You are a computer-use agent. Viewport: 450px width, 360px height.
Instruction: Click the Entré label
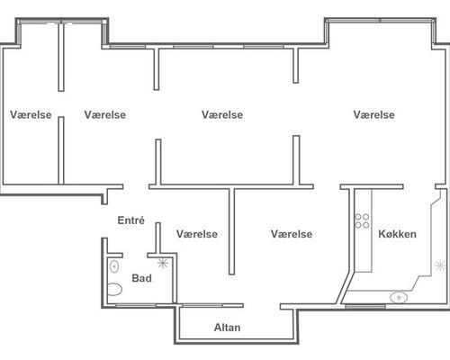pyautogui.click(x=131, y=220)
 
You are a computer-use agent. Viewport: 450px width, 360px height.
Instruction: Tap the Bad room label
pyautogui.click(x=141, y=278)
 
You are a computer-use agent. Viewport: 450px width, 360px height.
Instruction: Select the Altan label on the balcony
pyautogui.click(x=227, y=328)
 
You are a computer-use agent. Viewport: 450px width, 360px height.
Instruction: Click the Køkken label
pyautogui.click(x=397, y=234)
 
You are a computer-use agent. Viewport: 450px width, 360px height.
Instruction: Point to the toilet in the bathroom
pyautogui.click(x=114, y=289)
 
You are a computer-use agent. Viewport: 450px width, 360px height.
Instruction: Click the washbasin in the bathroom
pyautogui.click(x=114, y=266)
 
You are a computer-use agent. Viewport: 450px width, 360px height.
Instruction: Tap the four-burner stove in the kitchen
pyautogui.click(x=362, y=220)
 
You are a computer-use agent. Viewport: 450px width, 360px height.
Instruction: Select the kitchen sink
pyautogui.click(x=399, y=298)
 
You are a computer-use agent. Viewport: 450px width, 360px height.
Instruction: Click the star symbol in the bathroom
pyautogui.click(x=163, y=264)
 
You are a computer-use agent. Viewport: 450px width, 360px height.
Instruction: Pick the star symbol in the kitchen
pyautogui.click(x=440, y=265)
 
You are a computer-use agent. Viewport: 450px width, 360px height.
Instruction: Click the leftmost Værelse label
pyautogui.click(x=31, y=114)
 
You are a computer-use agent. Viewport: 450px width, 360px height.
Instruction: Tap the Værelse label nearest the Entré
pyautogui.click(x=197, y=234)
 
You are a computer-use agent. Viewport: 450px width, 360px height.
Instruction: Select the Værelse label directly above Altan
pyautogui.click(x=292, y=234)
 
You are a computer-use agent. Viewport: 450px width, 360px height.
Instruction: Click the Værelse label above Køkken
pyautogui.click(x=373, y=114)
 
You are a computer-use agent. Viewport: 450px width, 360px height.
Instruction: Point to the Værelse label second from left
pyautogui.click(x=105, y=114)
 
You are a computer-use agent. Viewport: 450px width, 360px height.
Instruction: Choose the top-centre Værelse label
pyautogui.click(x=222, y=114)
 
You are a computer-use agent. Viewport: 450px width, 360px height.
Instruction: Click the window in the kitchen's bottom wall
pyautogui.click(x=364, y=306)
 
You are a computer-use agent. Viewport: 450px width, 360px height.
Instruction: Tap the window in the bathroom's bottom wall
pyautogui.click(x=136, y=305)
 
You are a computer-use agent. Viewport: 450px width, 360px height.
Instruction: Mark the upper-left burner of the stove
pyautogui.click(x=358, y=217)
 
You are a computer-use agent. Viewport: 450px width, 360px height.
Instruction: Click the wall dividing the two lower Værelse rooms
pyautogui.click(x=231, y=231)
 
